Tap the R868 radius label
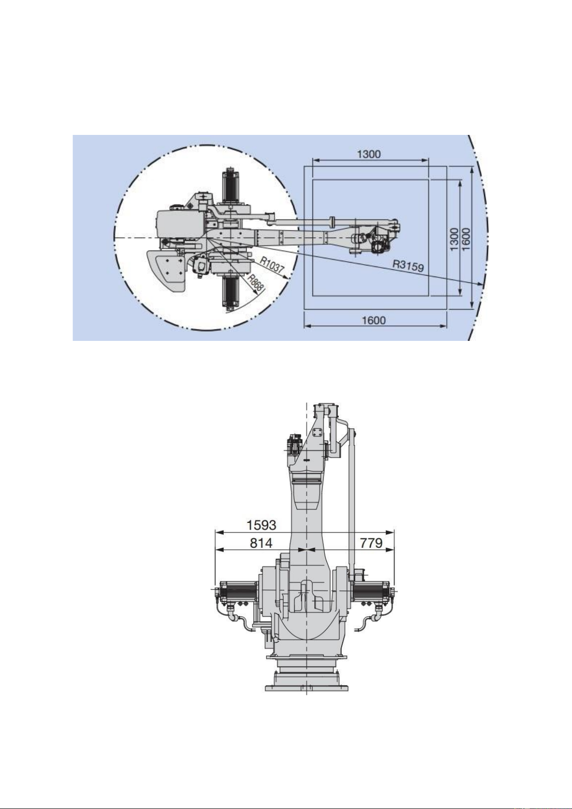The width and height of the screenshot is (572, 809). [255, 283]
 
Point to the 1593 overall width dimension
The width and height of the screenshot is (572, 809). [261, 525]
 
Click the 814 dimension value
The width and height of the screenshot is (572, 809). [261, 543]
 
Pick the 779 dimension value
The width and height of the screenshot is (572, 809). [371, 543]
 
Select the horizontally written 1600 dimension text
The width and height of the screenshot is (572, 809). [373, 320]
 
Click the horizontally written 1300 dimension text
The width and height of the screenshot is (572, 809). [369, 154]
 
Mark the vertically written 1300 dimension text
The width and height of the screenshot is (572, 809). [454, 239]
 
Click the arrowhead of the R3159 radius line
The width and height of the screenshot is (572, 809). [481, 285]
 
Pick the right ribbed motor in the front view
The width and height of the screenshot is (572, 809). [372, 592]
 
